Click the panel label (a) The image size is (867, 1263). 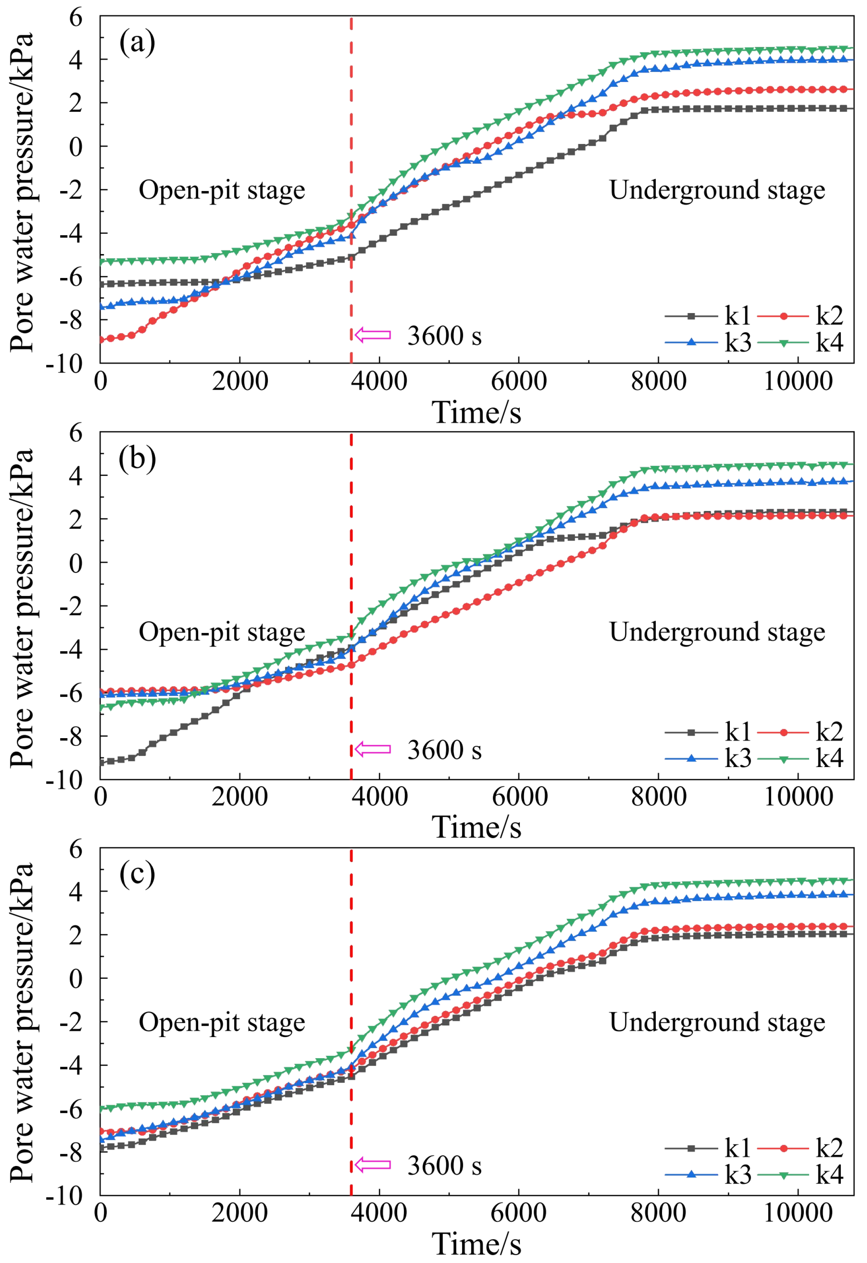coord(137,43)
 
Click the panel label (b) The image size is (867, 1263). coord(137,459)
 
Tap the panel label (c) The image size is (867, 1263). coord(137,874)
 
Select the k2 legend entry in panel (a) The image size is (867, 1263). coord(801,315)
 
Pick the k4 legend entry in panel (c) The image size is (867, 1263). coord(801,1174)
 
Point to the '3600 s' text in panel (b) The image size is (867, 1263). coord(444,750)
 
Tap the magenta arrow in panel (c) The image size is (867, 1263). coord(373,1165)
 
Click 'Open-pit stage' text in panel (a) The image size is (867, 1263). coord(222,191)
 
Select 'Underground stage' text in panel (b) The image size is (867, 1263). coord(717,632)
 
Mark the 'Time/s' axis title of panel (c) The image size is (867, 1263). coord(477,1244)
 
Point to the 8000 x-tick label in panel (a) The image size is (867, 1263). coord(658,382)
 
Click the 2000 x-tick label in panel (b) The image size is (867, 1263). coord(240,797)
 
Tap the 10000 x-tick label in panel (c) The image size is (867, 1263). coord(798,1213)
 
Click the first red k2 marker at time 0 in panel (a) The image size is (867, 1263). coord(101,340)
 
